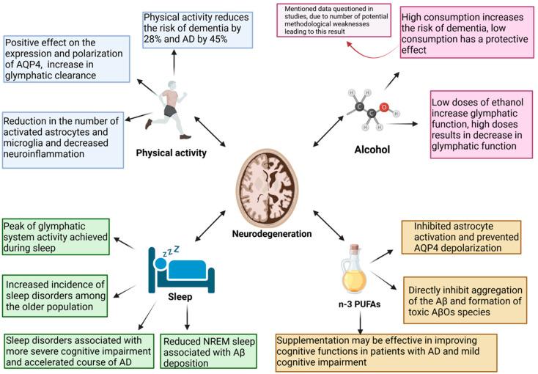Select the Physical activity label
tap(170, 153)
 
